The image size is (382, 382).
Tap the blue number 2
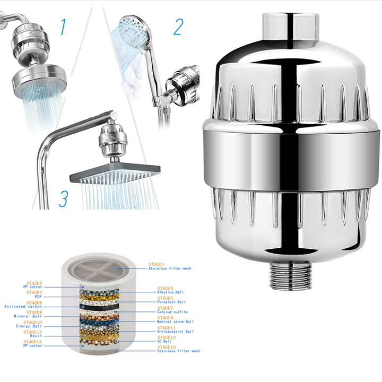pos(178,26)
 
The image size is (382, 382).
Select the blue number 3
pos(63,199)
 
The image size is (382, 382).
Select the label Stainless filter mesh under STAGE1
pos(169,269)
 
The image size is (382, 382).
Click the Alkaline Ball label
pos(171,292)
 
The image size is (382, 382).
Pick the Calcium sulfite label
pos(172,312)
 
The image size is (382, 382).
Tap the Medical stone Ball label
pos(175,322)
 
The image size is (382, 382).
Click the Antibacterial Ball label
pos(175,332)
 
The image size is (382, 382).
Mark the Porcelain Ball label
pos(171,302)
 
